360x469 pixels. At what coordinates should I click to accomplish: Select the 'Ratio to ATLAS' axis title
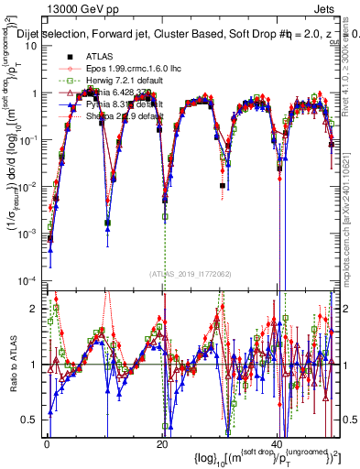coord(12,363)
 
